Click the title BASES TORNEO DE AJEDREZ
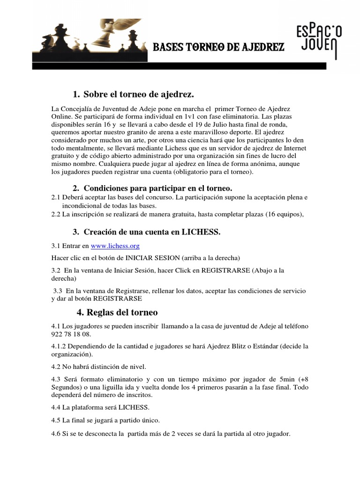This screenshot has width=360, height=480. click(218, 48)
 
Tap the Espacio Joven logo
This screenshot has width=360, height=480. click(319, 40)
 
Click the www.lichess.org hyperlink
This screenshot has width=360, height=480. click(115, 246)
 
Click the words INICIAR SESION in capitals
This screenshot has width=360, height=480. click(152, 258)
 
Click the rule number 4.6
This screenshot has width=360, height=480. click(56, 434)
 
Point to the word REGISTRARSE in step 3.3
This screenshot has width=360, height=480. click(118, 299)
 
